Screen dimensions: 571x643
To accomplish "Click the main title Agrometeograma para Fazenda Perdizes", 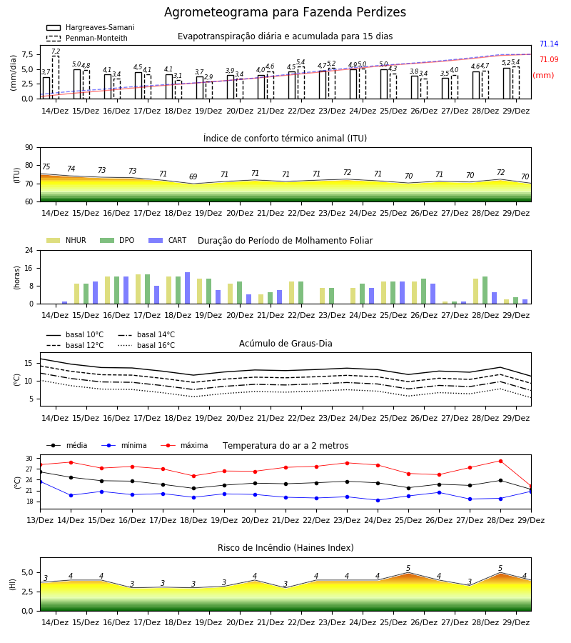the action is (285, 12).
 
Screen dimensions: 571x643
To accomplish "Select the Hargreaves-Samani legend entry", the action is (90, 27).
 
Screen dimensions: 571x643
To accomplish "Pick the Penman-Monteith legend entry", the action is (87, 38).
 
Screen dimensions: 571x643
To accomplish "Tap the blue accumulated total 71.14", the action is (549, 44).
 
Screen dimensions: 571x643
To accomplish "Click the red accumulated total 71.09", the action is (549, 59).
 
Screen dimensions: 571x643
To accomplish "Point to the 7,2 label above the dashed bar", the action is (56, 51).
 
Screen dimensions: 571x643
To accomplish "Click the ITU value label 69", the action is (193, 176).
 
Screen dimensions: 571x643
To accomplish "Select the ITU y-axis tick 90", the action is (29, 148).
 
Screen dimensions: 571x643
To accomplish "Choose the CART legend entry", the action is (167, 240).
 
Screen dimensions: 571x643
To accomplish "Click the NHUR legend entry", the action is (66, 240).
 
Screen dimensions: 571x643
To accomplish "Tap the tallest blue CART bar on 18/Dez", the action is (187, 288).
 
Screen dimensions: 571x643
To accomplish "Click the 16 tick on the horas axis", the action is (29, 268).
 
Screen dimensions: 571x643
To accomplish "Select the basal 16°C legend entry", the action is (146, 345).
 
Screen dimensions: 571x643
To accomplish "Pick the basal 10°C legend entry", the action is (75, 334).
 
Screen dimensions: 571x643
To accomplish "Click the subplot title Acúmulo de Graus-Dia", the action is (285, 343).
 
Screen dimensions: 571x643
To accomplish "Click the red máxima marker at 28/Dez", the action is (500, 462).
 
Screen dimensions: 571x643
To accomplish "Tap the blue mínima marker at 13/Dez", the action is (40, 482).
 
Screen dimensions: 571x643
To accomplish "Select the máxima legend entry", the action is (184, 445).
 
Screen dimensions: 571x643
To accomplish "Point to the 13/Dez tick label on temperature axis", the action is (40, 520).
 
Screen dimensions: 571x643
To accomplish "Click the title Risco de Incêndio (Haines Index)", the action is (285, 548).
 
